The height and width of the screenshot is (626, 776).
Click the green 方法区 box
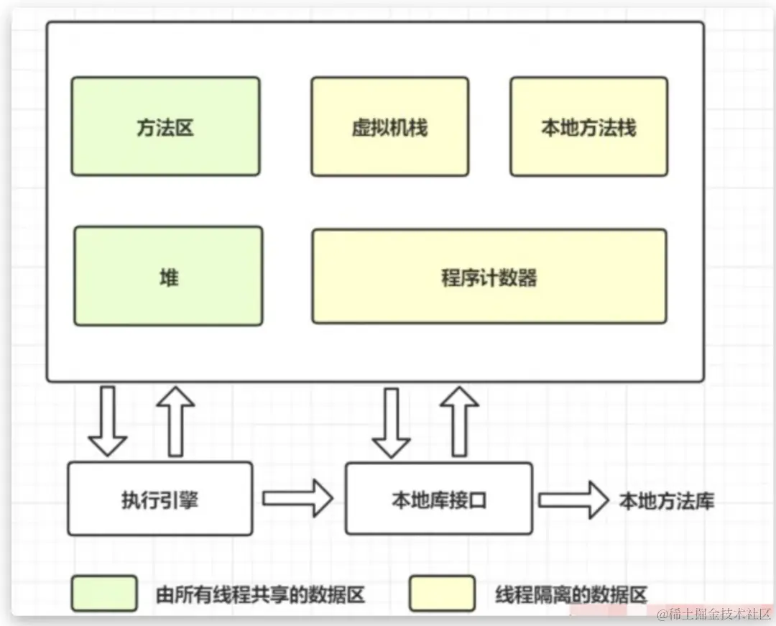click(x=165, y=126)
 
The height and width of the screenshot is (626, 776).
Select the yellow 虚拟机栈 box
click(x=389, y=126)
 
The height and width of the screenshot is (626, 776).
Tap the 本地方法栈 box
click(x=588, y=126)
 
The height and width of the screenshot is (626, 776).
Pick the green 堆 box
click(x=168, y=276)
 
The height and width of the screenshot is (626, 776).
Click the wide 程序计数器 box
click(x=489, y=276)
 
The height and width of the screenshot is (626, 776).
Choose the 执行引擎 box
click(x=160, y=499)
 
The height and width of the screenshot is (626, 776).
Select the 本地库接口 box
click(x=438, y=499)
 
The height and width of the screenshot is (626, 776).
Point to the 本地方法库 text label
click(x=666, y=500)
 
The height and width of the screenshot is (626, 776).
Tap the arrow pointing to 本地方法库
click(x=573, y=499)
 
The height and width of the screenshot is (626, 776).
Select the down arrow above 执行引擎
click(x=108, y=421)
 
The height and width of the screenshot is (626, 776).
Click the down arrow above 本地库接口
click(x=392, y=423)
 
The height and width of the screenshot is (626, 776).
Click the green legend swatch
click(x=103, y=593)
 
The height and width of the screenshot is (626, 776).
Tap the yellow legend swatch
click(x=442, y=593)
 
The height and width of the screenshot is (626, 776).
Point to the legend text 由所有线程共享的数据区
click(x=260, y=594)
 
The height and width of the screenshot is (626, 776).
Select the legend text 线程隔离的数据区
click(x=571, y=594)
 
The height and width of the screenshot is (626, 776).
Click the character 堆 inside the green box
click(x=168, y=277)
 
